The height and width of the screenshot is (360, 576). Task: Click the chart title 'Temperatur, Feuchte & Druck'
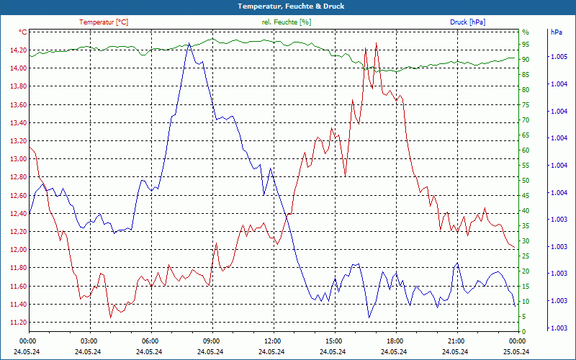pyautogui.click(x=287, y=6)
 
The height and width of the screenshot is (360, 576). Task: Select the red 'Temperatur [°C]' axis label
pyautogui.click(x=104, y=22)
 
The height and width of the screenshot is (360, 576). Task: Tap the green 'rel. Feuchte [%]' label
pyautogui.click(x=287, y=22)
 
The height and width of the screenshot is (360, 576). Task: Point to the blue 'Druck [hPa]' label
pyautogui.click(x=467, y=22)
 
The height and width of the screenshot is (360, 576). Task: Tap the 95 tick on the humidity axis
pyautogui.click(x=526, y=44)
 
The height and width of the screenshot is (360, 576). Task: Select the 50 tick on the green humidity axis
pyautogui.click(x=526, y=181)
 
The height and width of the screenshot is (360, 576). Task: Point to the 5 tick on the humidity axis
pyautogui.click(x=524, y=317)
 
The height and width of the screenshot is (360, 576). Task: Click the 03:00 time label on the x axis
pyautogui.click(x=89, y=341)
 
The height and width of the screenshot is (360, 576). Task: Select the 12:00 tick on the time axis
pyautogui.click(x=273, y=341)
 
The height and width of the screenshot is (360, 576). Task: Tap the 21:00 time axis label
pyautogui.click(x=456, y=341)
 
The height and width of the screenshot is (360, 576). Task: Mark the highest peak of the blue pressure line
pyautogui.click(x=189, y=43)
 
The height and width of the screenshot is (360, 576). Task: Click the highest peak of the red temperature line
pyautogui.click(x=376, y=43)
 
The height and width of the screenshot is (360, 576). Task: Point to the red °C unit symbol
pyautogui.click(x=23, y=32)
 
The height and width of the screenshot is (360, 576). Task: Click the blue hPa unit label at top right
pyautogui.click(x=556, y=32)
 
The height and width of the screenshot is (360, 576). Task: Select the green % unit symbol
pyautogui.click(x=526, y=32)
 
